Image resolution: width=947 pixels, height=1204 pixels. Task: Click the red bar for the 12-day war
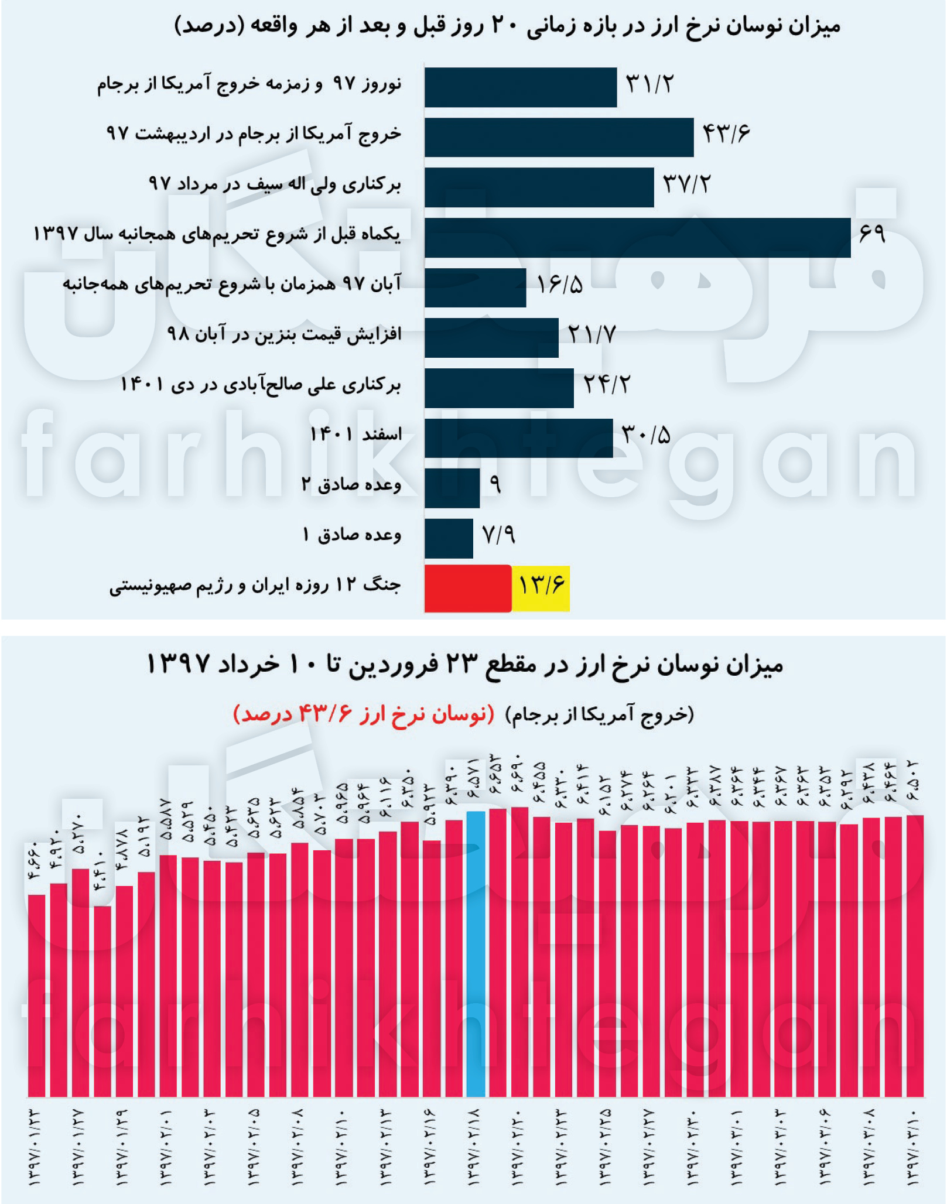(x=467, y=588)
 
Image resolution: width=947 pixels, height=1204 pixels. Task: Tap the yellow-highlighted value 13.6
(x=541, y=586)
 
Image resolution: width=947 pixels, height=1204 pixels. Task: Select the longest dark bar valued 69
(x=637, y=238)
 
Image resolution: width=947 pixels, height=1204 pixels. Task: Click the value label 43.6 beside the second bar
(x=726, y=134)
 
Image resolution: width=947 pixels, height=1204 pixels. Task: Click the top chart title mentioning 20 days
(x=507, y=26)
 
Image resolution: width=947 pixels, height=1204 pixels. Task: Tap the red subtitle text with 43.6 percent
(x=364, y=714)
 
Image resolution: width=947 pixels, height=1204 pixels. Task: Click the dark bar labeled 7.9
(x=449, y=538)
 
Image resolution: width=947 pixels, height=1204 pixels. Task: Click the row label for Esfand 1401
(x=356, y=435)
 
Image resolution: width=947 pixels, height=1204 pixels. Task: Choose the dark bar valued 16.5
(x=475, y=288)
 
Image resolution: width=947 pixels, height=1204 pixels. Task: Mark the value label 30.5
(x=645, y=435)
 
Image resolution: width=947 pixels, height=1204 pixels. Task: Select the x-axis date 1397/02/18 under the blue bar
(x=475, y=1147)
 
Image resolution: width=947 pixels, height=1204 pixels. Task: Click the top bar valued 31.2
(x=521, y=87)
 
